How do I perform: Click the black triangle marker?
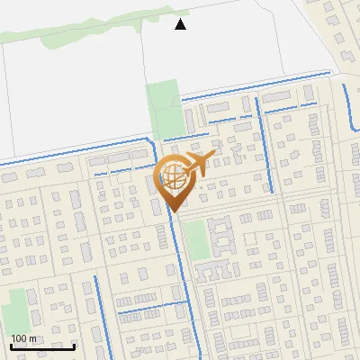point(181,24)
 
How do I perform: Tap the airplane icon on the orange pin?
point(197,164)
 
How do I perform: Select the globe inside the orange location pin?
point(173,177)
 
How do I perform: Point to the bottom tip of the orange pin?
point(174,212)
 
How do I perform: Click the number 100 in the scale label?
point(19,339)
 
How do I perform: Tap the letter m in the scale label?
point(32,339)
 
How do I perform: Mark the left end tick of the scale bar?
point(11,346)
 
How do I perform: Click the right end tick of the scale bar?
point(75,346)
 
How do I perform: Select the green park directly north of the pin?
point(164,108)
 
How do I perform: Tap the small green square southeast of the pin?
point(197,238)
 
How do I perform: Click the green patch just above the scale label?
point(13,310)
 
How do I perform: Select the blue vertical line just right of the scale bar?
point(96,306)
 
